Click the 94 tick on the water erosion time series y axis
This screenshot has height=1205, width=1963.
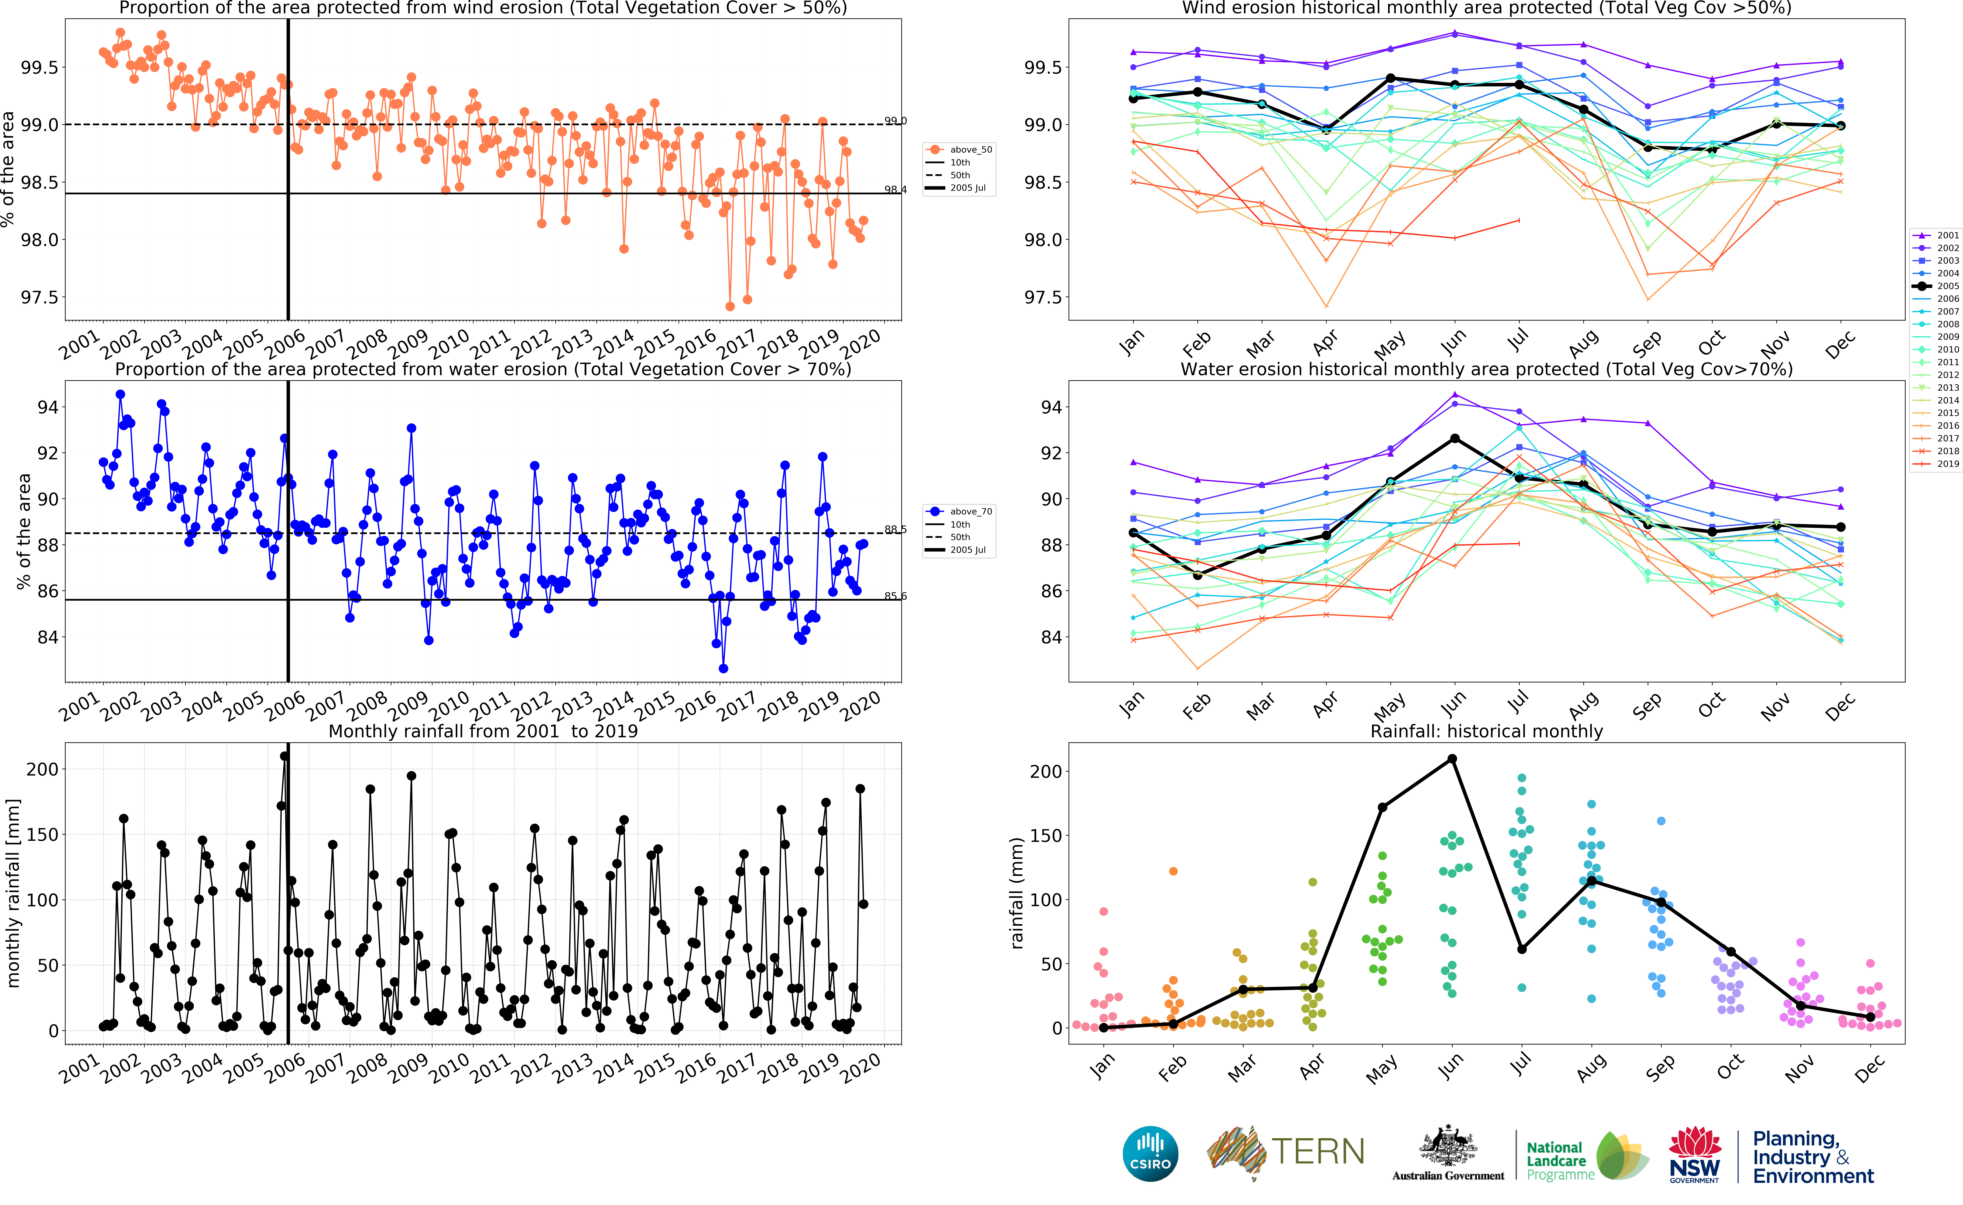48,407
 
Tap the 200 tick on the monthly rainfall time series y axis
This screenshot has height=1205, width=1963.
42,769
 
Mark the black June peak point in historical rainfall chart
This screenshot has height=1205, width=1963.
1452,759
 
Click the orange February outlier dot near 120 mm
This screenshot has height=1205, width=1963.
1173,871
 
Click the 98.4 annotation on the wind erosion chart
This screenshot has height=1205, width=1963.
895,190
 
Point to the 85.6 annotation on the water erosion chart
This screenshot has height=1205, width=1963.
895,596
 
